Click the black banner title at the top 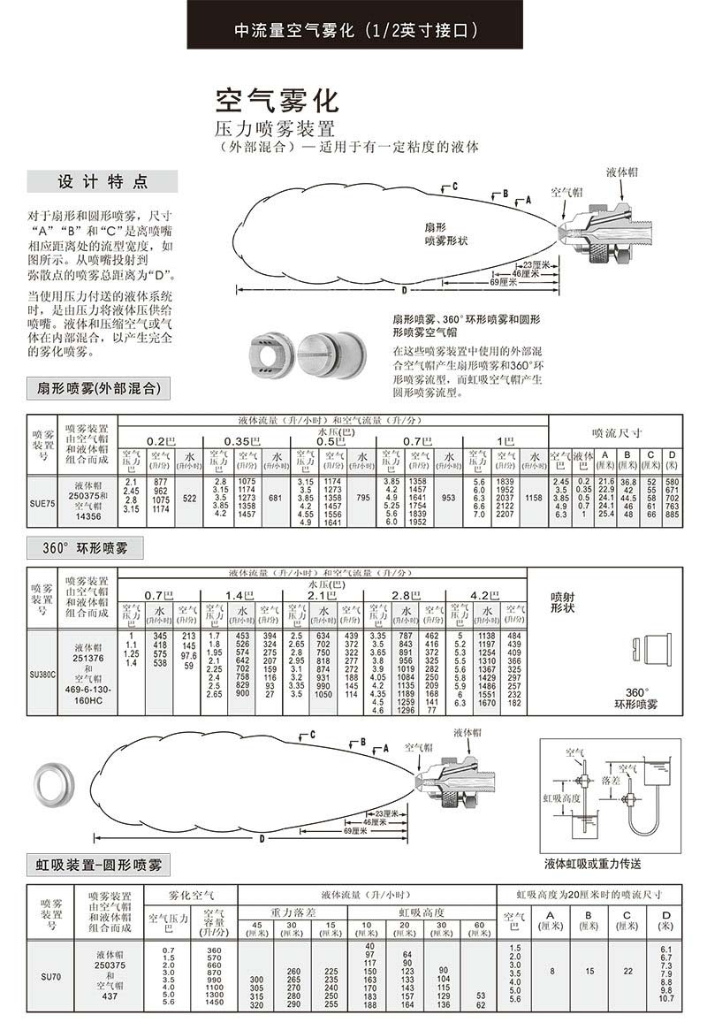pyautogui.click(x=354, y=29)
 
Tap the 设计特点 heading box pyautogui.click(x=103, y=182)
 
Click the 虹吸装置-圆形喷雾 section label pyautogui.click(x=98, y=865)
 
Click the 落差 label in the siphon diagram pyautogui.click(x=610, y=781)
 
